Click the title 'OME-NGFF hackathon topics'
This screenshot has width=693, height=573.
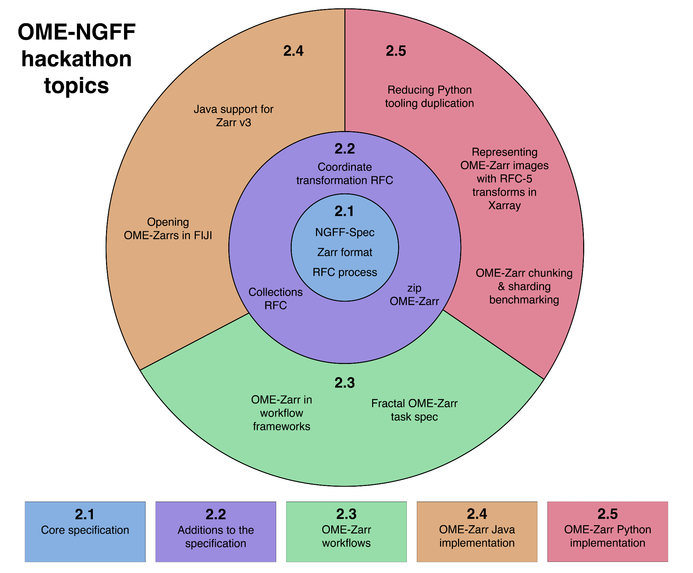click(x=77, y=59)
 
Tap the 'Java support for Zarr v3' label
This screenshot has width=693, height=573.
click(x=234, y=116)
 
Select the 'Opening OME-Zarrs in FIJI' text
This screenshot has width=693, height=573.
click(x=168, y=229)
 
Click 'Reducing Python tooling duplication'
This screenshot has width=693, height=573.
click(x=429, y=96)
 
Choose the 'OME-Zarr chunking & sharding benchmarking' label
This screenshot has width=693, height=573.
click(x=524, y=286)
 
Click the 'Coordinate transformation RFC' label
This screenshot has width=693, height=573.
click(x=345, y=174)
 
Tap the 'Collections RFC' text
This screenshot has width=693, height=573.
click(x=275, y=299)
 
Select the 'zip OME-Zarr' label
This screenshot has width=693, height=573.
click(x=414, y=295)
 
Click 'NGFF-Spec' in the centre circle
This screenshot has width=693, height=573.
click(x=345, y=232)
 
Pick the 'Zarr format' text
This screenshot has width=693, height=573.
click(x=345, y=252)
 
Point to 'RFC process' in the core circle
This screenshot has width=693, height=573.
click(x=345, y=272)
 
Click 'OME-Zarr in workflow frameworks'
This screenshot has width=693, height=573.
click(x=281, y=413)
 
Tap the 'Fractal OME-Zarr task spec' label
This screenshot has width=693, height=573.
click(x=414, y=410)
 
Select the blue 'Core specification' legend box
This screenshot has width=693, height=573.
click(x=85, y=531)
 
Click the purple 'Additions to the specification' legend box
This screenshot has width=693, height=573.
click(x=216, y=531)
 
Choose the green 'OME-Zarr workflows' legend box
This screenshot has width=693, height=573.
click(x=346, y=531)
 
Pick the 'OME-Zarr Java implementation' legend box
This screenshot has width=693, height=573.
click(x=477, y=531)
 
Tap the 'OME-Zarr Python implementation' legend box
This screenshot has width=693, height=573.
click(x=607, y=531)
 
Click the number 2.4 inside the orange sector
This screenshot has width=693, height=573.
click(x=293, y=51)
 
